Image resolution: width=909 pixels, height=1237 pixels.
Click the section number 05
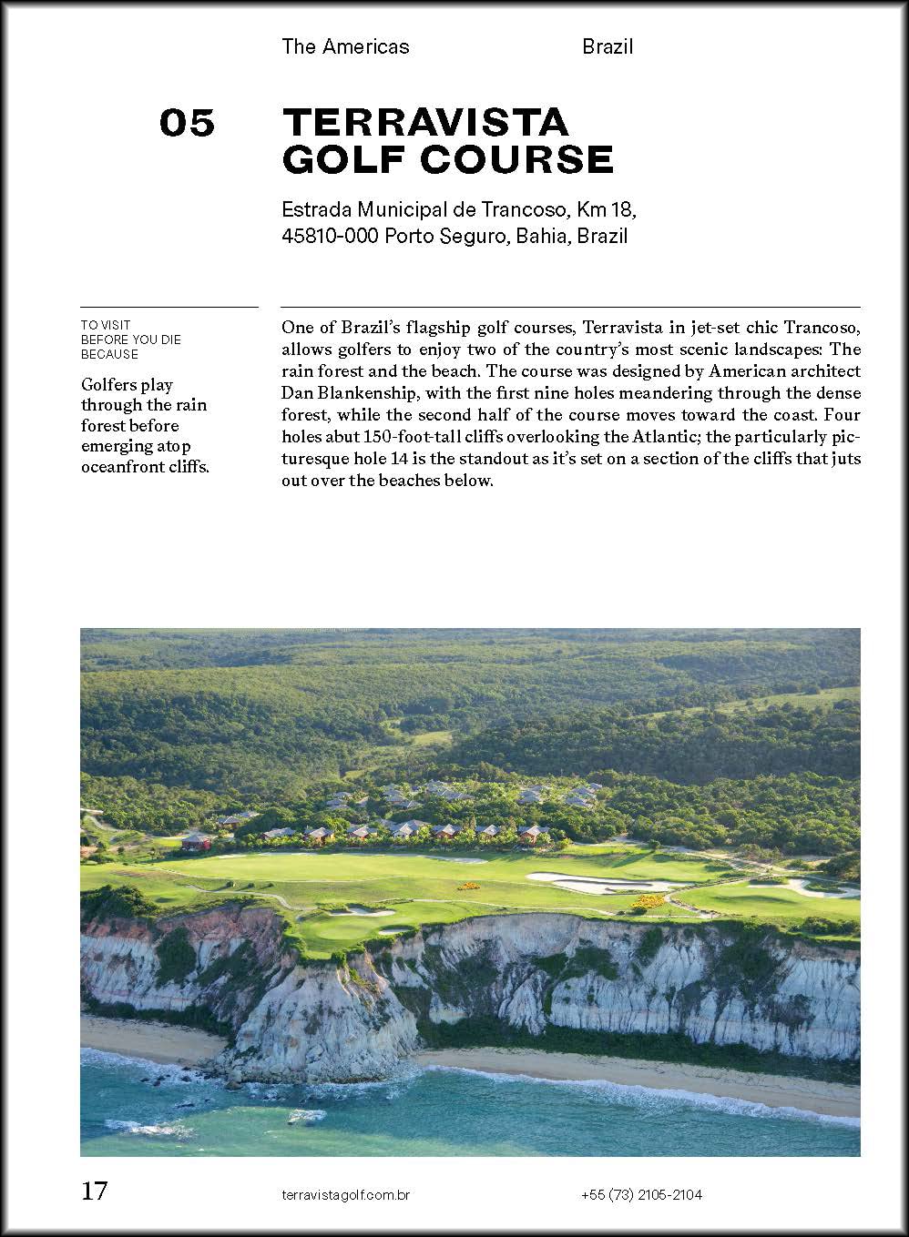(x=187, y=123)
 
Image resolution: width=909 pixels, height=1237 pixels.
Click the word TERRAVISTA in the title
(x=425, y=122)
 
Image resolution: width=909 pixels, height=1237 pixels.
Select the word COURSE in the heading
(x=516, y=159)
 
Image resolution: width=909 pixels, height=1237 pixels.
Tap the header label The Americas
(x=345, y=46)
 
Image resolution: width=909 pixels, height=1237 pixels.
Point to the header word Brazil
(x=608, y=46)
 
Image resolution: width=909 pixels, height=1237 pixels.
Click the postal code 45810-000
(x=330, y=237)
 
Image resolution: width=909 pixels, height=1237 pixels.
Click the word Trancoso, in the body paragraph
(x=823, y=327)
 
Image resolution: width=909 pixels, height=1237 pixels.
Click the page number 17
(x=95, y=1191)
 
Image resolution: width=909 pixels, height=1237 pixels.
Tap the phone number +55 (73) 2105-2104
(x=641, y=1195)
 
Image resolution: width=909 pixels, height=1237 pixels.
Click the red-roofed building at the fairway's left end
(x=195, y=841)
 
